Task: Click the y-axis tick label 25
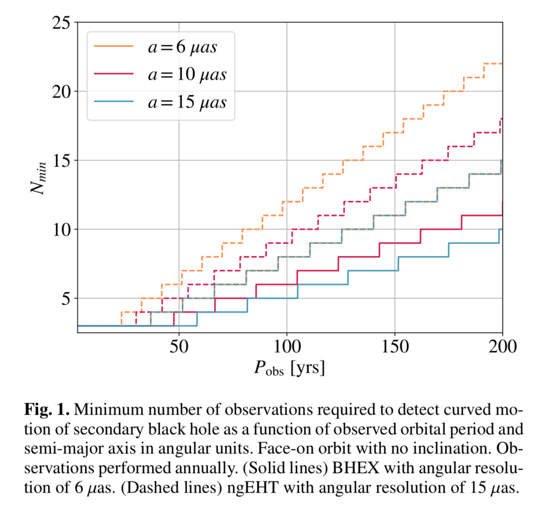[x=61, y=22]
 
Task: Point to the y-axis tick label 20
[x=61, y=91]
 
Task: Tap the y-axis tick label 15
[x=61, y=161]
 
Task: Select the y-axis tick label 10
[x=61, y=229]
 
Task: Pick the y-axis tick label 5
[x=66, y=299]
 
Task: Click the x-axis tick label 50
[x=178, y=347]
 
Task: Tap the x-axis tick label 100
[x=287, y=347]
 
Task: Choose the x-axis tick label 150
[x=395, y=347]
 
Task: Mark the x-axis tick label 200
[x=502, y=347]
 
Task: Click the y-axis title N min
[x=38, y=178]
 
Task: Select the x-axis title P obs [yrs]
[x=289, y=368]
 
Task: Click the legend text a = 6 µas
[x=183, y=47]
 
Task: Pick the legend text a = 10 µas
[x=187, y=74]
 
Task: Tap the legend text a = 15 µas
[x=187, y=102]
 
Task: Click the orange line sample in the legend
[x=114, y=47]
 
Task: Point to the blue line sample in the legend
[x=114, y=102]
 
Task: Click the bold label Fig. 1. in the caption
[x=47, y=410]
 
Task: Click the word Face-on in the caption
[x=286, y=449]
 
